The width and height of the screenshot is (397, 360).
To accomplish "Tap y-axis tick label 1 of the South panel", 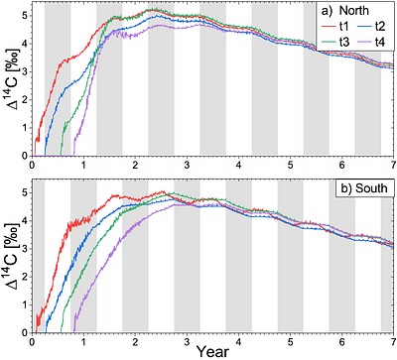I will click(24, 304).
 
